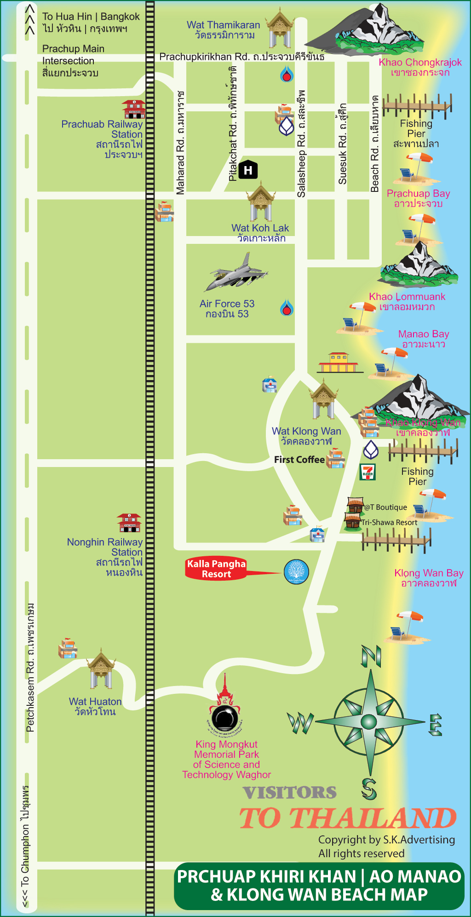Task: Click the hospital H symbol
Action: click(x=248, y=170)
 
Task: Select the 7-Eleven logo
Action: click(x=368, y=472)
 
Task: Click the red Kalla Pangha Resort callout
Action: click(x=216, y=569)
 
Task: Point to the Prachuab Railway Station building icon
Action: click(x=133, y=110)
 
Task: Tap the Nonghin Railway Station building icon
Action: click(x=129, y=523)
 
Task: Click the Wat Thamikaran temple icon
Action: click(x=280, y=29)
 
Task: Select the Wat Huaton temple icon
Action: click(x=101, y=669)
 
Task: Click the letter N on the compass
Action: click(x=371, y=656)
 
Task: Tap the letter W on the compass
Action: click(x=300, y=723)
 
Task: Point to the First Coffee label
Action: click(x=299, y=460)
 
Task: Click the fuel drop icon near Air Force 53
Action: click(x=287, y=308)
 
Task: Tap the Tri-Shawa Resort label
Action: click(x=389, y=522)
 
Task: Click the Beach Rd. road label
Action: click(x=375, y=144)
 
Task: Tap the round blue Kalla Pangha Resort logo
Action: click(x=296, y=571)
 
